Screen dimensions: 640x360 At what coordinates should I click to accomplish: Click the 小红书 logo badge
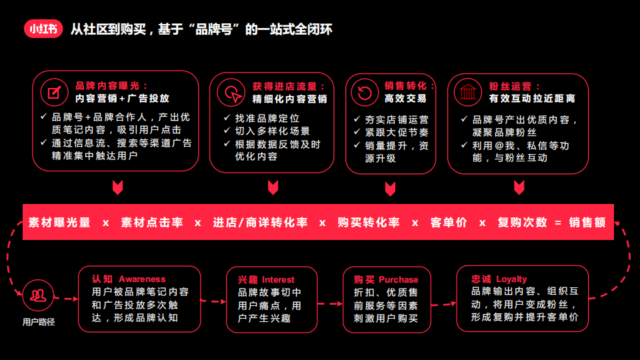[x=43, y=29]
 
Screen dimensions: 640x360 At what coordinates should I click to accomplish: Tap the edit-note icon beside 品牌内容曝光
[x=54, y=92]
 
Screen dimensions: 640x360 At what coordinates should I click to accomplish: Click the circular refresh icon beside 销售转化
[x=365, y=92]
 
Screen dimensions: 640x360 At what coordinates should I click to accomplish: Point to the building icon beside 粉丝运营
[x=468, y=92]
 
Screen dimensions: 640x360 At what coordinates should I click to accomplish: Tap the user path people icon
[x=39, y=295]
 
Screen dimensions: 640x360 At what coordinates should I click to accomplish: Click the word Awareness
[x=142, y=279]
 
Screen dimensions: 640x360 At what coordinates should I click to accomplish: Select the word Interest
[x=278, y=279]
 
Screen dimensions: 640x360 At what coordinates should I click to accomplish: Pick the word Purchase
[x=399, y=279]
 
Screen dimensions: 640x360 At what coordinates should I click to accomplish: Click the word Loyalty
[x=511, y=279]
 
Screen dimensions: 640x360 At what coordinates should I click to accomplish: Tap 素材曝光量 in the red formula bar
[x=59, y=223]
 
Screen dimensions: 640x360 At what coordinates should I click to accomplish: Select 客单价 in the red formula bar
[x=449, y=223]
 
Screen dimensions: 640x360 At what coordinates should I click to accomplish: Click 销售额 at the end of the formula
[x=587, y=223]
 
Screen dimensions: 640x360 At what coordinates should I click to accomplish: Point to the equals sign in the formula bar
[x=558, y=223]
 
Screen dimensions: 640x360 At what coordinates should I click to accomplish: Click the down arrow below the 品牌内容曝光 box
[x=117, y=187]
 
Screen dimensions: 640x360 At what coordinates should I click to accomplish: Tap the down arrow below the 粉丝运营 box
[x=519, y=187]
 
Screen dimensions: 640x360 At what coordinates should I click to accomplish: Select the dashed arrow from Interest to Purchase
[x=330, y=304]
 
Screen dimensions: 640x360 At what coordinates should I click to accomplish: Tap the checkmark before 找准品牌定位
[x=227, y=118]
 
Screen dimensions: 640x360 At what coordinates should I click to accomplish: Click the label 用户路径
[x=39, y=322]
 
